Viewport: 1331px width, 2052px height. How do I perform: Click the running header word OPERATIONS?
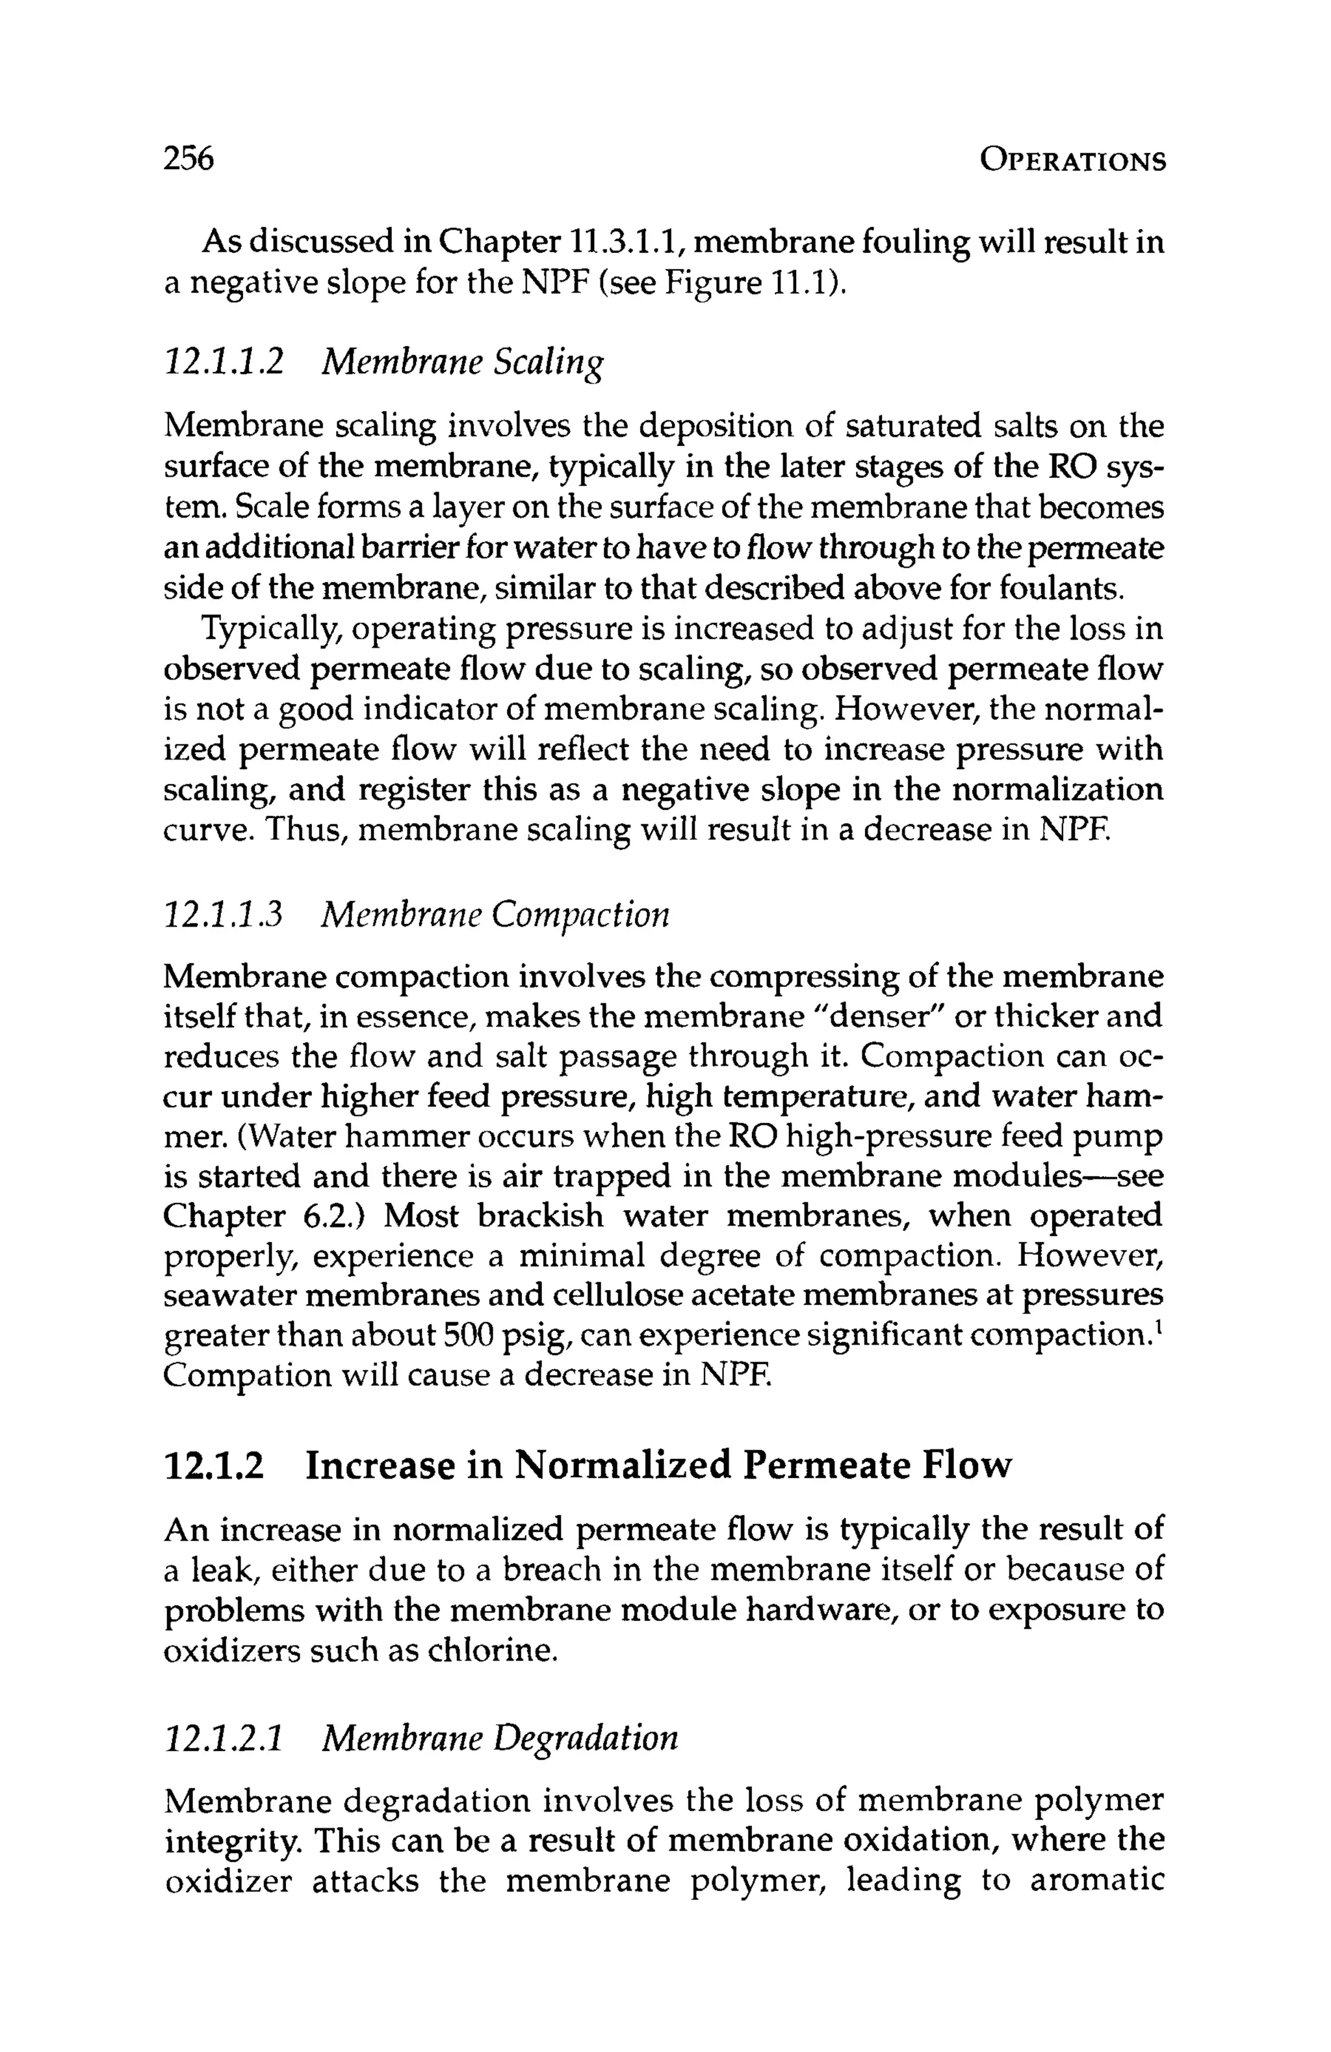click(x=1072, y=161)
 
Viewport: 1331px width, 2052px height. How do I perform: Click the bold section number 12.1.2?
click(x=213, y=1466)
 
